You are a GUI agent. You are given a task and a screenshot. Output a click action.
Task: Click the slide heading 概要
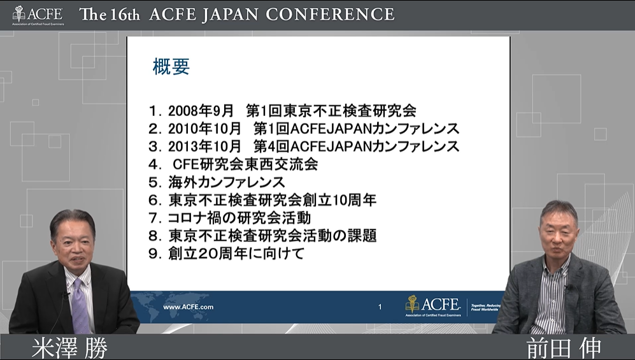click(171, 67)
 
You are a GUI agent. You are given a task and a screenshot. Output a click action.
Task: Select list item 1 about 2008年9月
click(282, 111)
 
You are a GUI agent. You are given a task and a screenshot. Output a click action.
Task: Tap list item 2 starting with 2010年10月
click(303, 129)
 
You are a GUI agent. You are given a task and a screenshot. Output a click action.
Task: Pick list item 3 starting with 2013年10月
click(303, 146)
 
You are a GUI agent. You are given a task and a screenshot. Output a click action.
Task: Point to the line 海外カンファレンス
click(217, 182)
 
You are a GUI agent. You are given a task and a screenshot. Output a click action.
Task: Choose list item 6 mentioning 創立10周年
click(262, 200)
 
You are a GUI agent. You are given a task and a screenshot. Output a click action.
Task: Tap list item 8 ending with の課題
click(262, 236)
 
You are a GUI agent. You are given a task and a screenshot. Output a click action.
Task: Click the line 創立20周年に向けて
click(226, 254)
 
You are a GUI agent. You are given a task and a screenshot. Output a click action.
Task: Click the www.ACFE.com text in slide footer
click(188, 307)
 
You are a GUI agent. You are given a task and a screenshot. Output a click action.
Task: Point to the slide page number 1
click(380, 307)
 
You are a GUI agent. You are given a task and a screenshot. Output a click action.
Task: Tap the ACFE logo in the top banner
click(38, 15)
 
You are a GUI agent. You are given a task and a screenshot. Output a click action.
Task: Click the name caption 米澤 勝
click(69, 348)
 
